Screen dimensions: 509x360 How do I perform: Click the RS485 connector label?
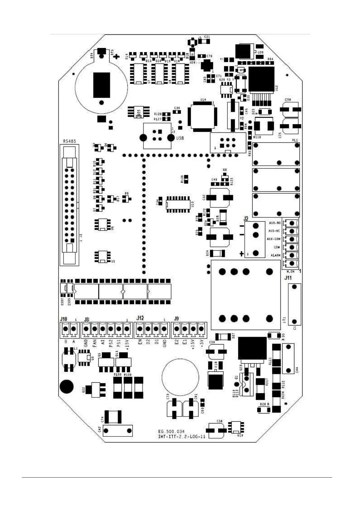tap(69, 141)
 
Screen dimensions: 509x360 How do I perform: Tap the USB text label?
tap(180, 138)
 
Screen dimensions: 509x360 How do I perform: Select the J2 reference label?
tap(246, 218)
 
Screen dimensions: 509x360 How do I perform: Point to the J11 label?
tap(288, 278)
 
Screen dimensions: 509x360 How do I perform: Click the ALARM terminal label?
tap(276, 255)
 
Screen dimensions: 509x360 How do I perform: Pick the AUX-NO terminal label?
tap(275, 223)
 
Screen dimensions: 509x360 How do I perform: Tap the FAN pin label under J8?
tap(94, 343)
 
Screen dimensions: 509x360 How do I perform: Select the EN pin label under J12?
tap(140, 343)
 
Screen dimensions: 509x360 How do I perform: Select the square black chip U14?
tap(202, 116)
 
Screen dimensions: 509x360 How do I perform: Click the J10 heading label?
tap(64, 319)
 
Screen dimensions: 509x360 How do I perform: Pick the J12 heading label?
tap(140, 318)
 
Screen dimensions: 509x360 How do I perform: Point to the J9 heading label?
tap(176, 318)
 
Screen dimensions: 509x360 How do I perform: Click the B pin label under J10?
tap(66, 342)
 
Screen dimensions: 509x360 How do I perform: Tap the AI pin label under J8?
tap(103, 343)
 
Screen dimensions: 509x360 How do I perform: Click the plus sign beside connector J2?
tap(241, 254)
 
